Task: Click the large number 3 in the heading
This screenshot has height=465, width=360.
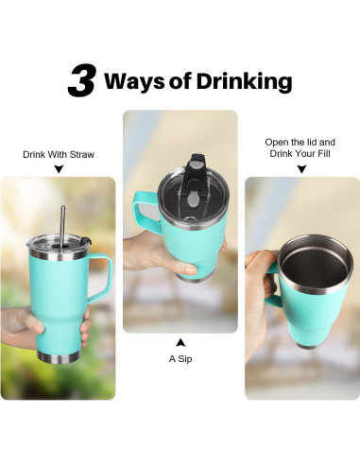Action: [81, 80]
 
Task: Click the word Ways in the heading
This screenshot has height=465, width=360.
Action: [134, 81]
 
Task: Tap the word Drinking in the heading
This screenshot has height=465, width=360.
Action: [245, 82]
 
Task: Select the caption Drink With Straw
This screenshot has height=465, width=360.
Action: [59, 155]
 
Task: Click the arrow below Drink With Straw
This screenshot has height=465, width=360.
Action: [59, 169]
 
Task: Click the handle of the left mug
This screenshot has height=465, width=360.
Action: [100, 279]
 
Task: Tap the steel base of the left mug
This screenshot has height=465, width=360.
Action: [59, 357]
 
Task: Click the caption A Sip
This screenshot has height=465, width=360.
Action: [180, 359]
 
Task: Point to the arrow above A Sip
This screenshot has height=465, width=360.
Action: [180, 343]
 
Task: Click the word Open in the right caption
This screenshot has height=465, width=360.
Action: [277, 143]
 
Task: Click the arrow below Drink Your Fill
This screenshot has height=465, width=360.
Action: [301, 169]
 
